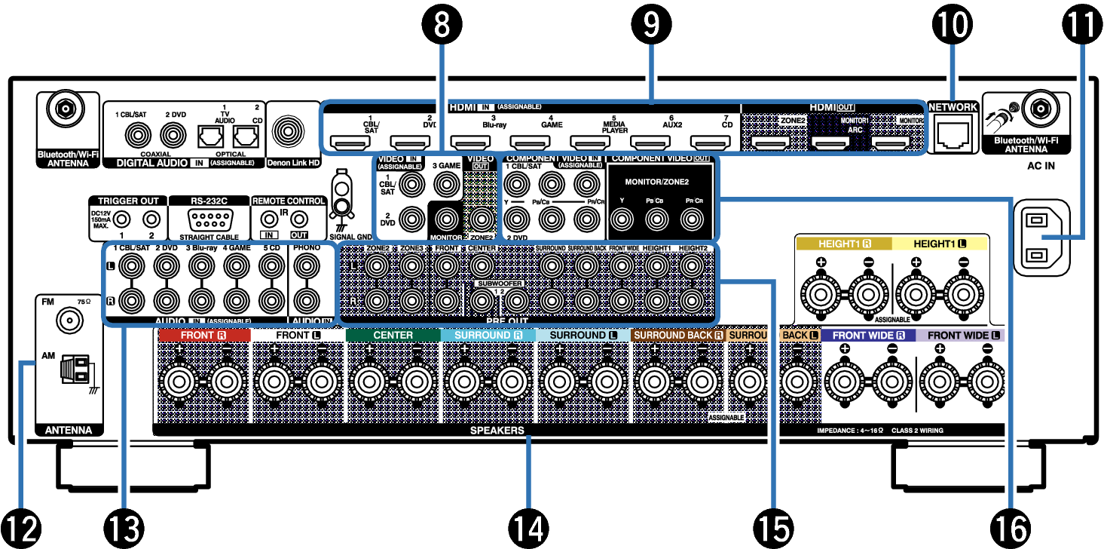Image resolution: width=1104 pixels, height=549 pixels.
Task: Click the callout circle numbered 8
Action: pyautogui.click(x=440, y=25)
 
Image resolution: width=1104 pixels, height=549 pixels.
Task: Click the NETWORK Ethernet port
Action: pyautogui.click(x=952, y=133)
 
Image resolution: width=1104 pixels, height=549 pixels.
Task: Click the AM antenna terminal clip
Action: pyautogui.click(x=75, y=370)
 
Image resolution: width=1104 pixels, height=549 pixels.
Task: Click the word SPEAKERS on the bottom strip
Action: pyautogui.click(x=497, y=431)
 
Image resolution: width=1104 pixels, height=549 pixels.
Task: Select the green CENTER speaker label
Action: pyautogui.click(x=393, y=334)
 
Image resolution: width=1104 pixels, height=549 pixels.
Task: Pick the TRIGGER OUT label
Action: pyautogui.click(x=129, y=201)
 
